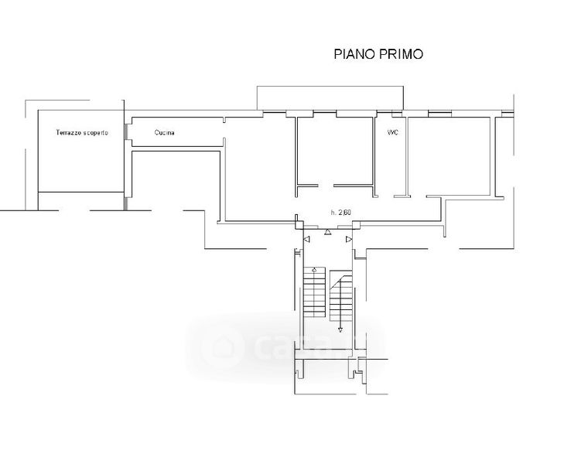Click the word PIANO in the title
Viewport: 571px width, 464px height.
click(x=354, y=54)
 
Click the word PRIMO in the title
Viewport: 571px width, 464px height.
click(x=402, y=54)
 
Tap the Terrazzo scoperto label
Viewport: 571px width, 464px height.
click(x=82, y=132)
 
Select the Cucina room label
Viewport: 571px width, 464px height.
click(x=164, y=132)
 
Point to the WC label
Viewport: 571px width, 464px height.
click(x=393, y=132)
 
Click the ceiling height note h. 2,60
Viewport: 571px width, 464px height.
click(x=341, y=213)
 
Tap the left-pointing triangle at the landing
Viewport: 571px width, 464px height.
click(x=306, y=240)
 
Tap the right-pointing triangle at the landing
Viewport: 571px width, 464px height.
click(x=349, y=240)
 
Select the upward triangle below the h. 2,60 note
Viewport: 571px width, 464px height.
click(x=328, y=232)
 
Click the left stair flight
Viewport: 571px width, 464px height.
click(x=314, y=292)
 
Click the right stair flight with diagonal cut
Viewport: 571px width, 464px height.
click(x=341, y=295)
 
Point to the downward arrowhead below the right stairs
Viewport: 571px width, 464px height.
click(x=340, y=330)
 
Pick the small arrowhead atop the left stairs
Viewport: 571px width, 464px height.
click(x=314, y=270)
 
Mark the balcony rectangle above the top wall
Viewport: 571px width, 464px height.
click(x=330, y=98)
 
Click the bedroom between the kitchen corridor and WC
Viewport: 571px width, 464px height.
click(x=335, y=151)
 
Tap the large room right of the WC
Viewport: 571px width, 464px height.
click(x=450, y=156)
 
